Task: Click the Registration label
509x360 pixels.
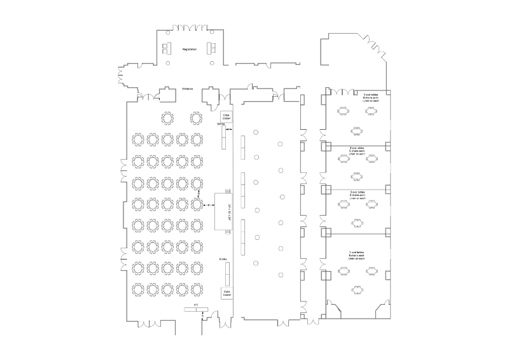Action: pyautogui.click(x=189, y=49)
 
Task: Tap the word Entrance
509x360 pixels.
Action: pyautogui.click(x=187, y=88)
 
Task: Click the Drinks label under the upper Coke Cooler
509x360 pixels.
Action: pyautogui.click(x=221, y=124)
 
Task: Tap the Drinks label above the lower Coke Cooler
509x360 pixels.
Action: pyautogui.click(x=223, y=260)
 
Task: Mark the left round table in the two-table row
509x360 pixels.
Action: pyautogui.click(x=168, y=118)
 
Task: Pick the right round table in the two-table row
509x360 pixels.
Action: pyautogui.click(x=196, y=118)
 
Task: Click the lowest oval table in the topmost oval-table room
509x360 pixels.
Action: pyautogui.click(x=356, y=131)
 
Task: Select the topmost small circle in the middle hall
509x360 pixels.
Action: pyautogui.click(x=255, y=132)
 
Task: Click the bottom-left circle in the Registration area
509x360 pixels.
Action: pyautogui.click(x=167, y=64)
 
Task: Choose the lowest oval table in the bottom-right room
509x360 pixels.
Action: pyautogui.click(x=356, y=288)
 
